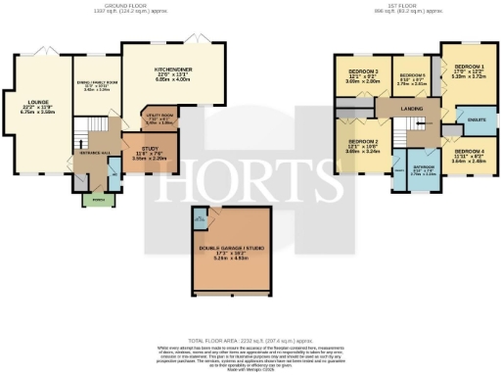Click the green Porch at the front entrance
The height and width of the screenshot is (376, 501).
tap(96, 200)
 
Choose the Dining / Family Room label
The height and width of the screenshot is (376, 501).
tap(96, 84)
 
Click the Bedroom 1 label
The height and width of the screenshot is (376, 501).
tap(469, 70)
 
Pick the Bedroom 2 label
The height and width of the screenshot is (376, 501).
tap(362, 147)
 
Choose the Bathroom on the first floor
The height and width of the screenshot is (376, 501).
tap(423, 170)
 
